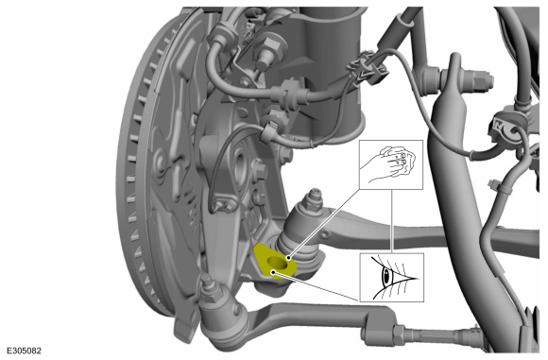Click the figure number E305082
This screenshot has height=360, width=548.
coord(25,351)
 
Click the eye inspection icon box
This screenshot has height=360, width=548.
coord(391,278)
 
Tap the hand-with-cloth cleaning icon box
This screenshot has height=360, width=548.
coord(391,164)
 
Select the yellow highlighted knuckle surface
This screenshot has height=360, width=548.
coord(275,261)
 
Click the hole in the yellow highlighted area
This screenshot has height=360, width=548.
coord(278,262)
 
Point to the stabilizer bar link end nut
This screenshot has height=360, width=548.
coord(481,80)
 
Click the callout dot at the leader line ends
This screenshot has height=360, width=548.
coord(289,258)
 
